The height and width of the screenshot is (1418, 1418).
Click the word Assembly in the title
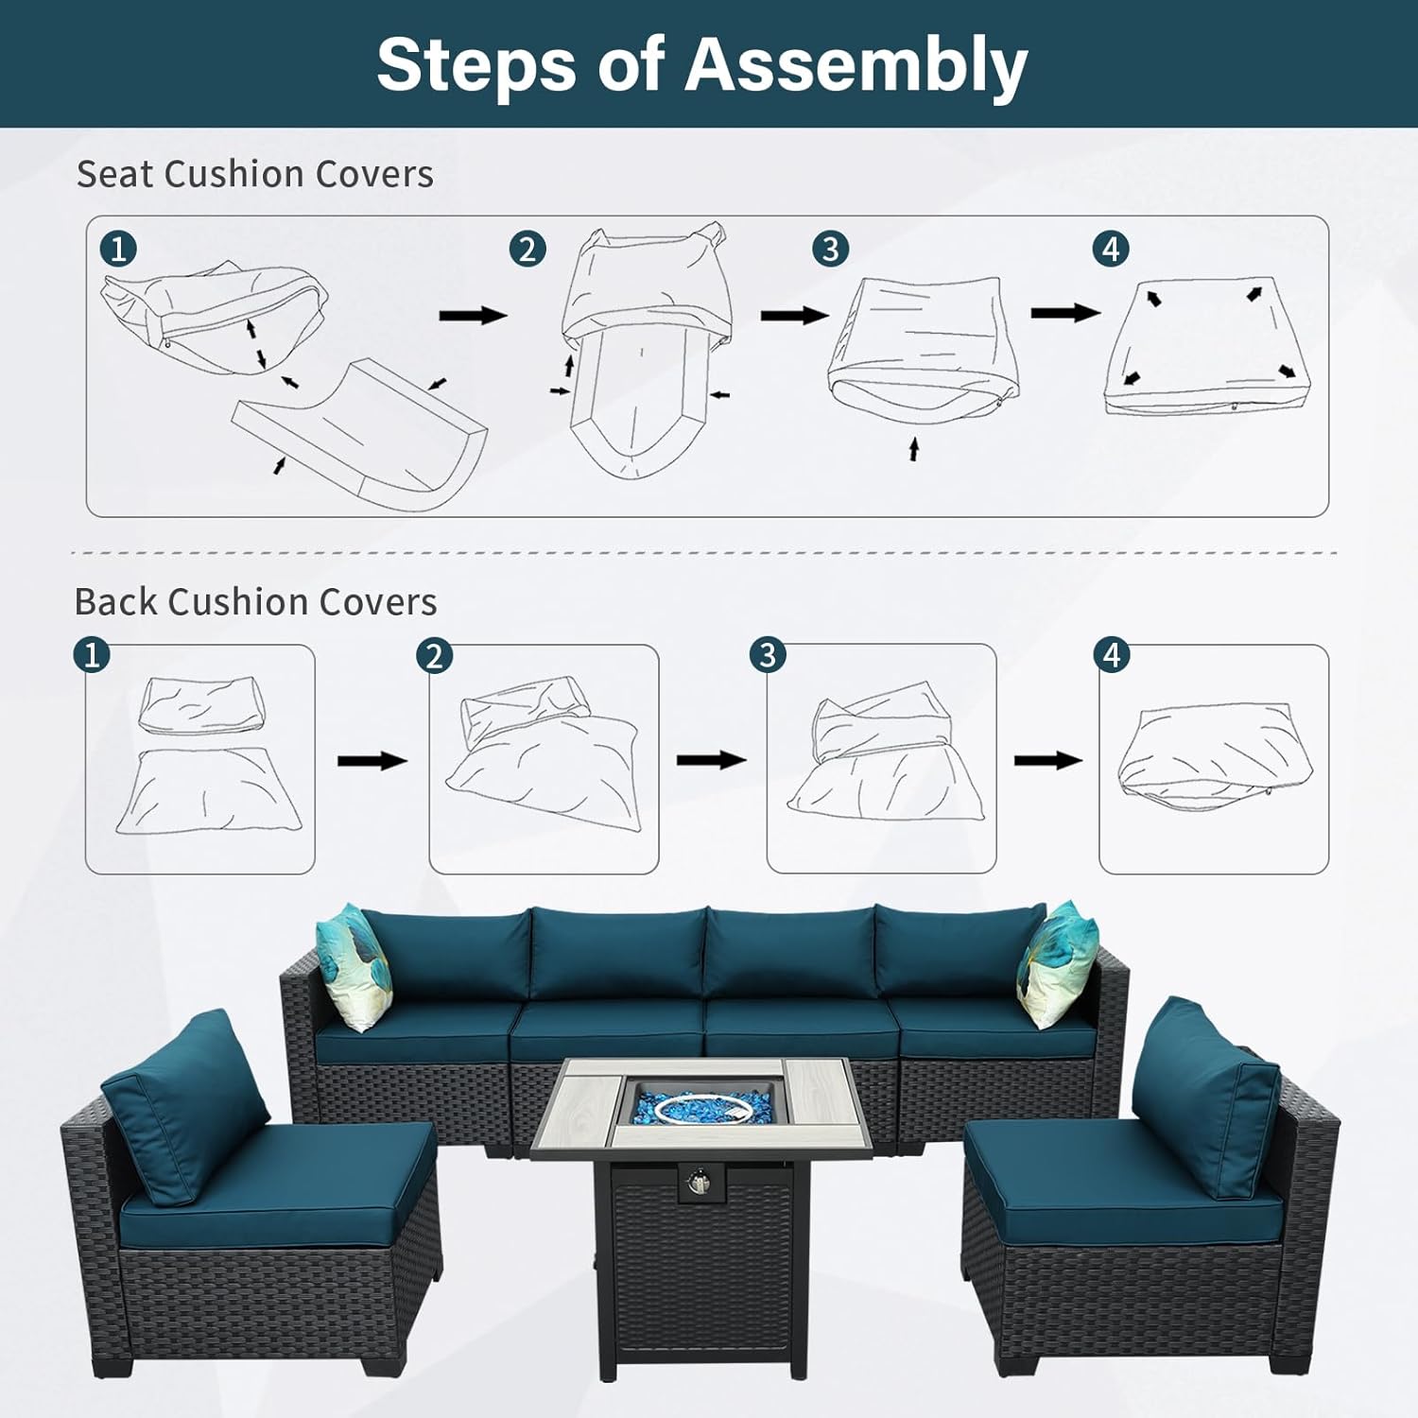(856, 66)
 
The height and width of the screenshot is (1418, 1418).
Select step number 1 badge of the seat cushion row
(118, 250)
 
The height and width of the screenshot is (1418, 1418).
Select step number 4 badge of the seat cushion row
(1111, 250)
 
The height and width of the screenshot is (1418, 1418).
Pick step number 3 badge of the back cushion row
(768, 655)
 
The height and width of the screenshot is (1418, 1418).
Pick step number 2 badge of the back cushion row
(435, 655)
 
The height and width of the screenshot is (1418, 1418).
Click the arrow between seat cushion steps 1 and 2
(473, 315)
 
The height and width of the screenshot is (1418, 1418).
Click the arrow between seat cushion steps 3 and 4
(1065, 312)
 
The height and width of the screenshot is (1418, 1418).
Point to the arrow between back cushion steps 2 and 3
(711, 759)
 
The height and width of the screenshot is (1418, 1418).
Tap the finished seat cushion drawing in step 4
(1205, 345)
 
